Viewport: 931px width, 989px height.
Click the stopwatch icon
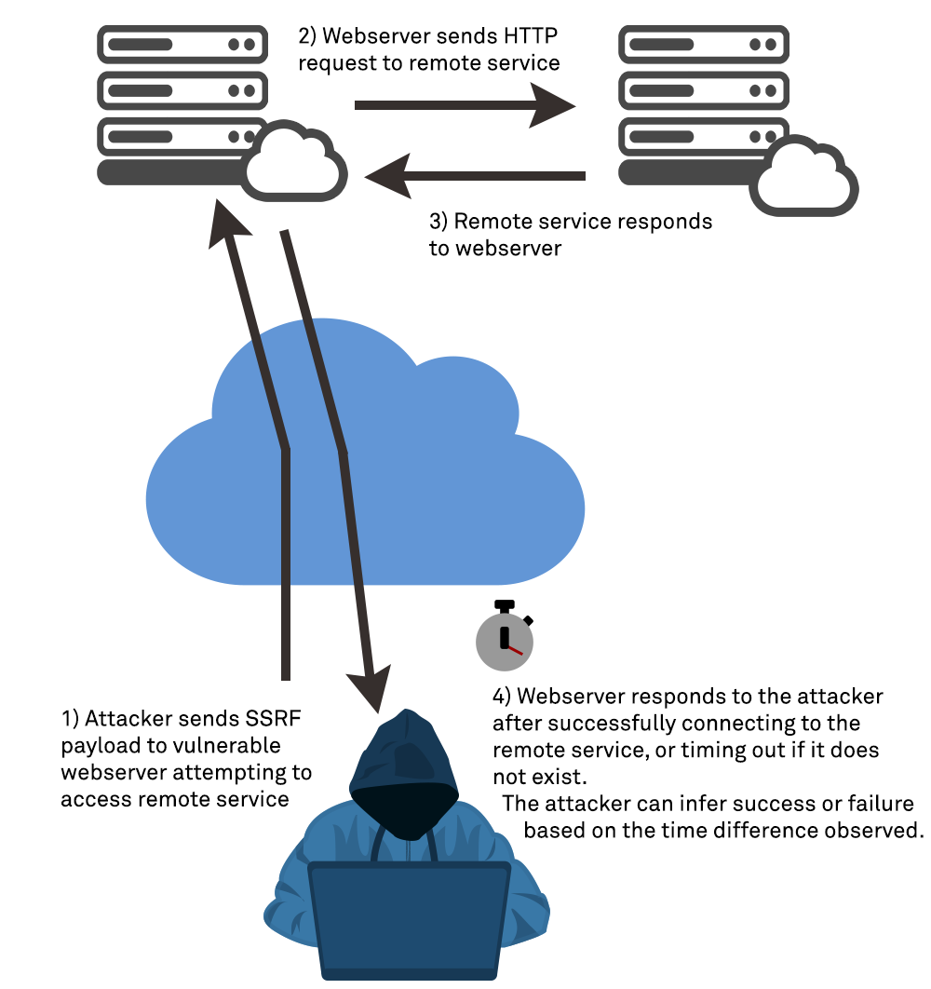[x=504, y=639]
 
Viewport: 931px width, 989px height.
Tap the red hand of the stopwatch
[x=514, y=649]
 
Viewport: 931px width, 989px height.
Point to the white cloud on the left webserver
[x=296, y=166]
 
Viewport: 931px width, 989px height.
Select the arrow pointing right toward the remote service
[x=465, y=104]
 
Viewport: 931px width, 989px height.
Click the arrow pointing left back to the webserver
[x=475, y=175]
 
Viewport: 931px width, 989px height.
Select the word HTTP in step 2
[x=533, y=37]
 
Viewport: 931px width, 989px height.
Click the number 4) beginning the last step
[x=502, y=698]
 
